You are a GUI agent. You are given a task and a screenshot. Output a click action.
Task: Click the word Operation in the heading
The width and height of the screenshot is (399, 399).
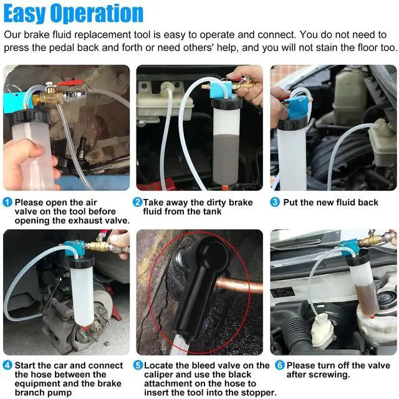tap(97, 14)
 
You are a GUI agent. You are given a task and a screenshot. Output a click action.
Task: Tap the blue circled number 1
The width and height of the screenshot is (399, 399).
tap(7, 203)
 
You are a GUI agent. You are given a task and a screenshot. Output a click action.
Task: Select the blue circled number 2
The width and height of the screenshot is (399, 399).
tap(138, 203)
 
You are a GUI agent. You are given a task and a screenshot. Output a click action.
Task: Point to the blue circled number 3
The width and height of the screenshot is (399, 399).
tap(275, 203)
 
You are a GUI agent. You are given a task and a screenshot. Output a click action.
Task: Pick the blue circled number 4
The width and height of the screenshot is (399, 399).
tap(7, 365)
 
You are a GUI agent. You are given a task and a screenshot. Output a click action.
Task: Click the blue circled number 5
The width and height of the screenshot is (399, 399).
tap(138, 365)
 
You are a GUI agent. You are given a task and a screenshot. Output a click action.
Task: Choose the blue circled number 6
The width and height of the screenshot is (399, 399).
tap(279, 365)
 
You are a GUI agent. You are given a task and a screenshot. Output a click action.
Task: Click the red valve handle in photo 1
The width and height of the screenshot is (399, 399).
tap(70, 83)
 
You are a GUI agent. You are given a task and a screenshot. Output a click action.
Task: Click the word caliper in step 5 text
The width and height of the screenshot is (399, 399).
tap(159, 375)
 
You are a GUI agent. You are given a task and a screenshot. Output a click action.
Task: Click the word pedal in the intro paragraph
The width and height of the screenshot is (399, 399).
tap(62, 47)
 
